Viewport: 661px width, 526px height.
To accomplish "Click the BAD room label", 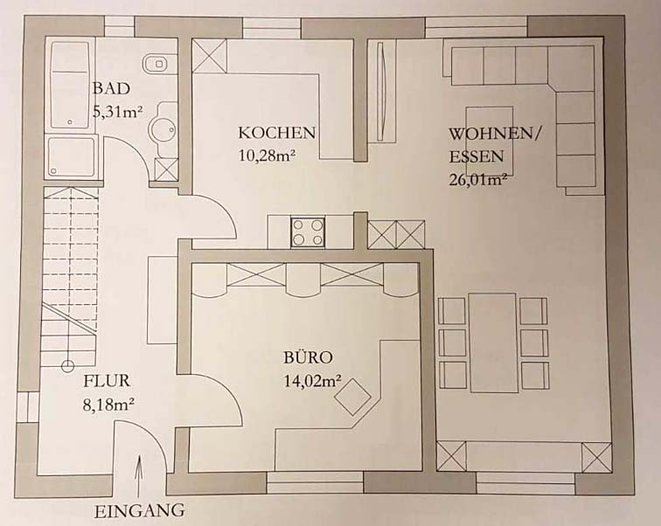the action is [111, 89].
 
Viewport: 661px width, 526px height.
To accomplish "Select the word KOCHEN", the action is [276, 133].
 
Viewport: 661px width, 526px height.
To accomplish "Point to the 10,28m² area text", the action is [267, 155].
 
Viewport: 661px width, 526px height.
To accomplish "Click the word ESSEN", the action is [477, 156].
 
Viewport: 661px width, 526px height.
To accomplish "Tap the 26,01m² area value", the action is [477, 179].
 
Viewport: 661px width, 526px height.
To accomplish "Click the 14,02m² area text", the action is [312, 381].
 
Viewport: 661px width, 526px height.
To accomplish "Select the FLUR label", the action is [107, 381].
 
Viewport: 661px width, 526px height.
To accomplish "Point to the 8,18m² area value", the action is [108, 405].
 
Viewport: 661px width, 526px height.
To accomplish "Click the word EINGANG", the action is [139, 511].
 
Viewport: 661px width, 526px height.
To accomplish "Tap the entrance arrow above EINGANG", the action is [139, 474].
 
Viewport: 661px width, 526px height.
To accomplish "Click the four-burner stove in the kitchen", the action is [307, 232].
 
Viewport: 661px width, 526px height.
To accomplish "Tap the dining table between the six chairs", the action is [493, 343].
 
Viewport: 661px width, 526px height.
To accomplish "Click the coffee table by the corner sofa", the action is [489, 141].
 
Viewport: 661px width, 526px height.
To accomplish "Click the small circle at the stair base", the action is [67, 366].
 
